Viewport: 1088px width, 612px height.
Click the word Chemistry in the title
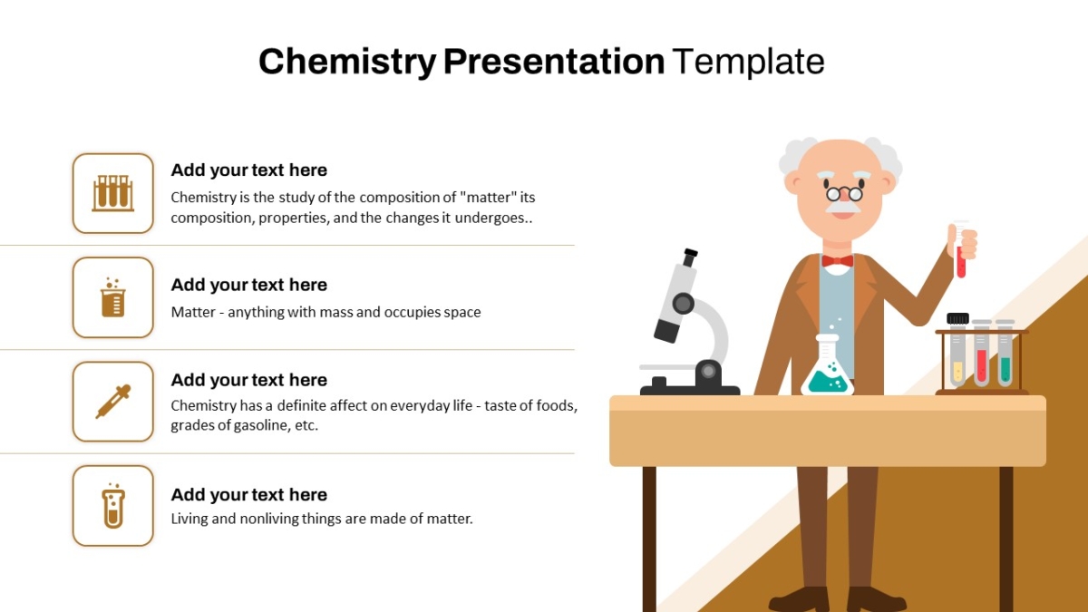pyautogui.click(x=347, y=62)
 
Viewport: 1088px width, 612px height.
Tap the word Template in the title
pyautogui.click(x=750, y=62)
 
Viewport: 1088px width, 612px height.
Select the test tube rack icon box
pyautogui.click(x=113, y=193)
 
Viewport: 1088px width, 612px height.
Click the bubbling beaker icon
pyautogui.click(x=113, y=297)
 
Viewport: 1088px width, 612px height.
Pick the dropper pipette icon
pyautogui.click(x=113, y=401)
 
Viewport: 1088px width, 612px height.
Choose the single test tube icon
pyautogui.click(x=113, y=506)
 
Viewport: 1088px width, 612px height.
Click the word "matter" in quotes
pyautogui.click(x=488, y=198)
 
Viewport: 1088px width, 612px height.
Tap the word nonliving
pyautogui.click(x=269, y=519)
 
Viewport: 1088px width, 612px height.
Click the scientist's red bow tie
pyautogui.click(x=838, y=261)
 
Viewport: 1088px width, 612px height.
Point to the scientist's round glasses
pyautogui.click(x=844, y=193)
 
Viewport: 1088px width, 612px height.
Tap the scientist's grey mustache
pyautogui.click(x=844, y=208)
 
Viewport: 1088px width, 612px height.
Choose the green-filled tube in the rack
pyautogui.click(x=1005, y=353)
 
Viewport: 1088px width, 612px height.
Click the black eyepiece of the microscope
pyautogui.click(x=690, y=257)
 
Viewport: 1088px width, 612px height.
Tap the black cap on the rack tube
pyautogui.click(x=957, y=318)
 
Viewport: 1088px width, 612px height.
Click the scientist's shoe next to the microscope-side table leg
pyautogui.click(x=800, y=600)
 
